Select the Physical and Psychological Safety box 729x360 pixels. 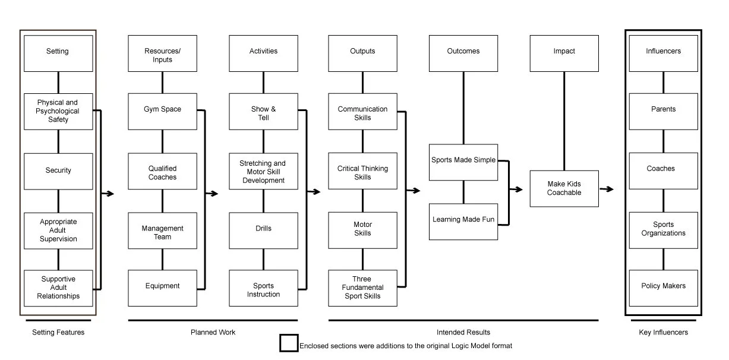[x=58, y=111]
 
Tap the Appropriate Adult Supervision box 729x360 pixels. [x=58, y=230]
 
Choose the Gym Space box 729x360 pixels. [x=162, y=111]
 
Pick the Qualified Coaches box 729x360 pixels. [x=162, y=172]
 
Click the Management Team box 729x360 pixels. [x=162, y=231]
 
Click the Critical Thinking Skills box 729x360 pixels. [x=362, y=172]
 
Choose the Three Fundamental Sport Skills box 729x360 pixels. [x=362, y=288]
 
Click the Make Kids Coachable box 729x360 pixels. [x=564, y=189]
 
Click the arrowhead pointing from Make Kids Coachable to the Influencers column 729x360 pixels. [x=610, y=189]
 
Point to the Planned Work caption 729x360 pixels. [x=213, y=332]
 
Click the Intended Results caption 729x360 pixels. [x=463, y=332]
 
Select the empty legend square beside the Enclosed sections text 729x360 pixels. [x=289, y=343]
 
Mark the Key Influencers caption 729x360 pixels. [x=663, y=332]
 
